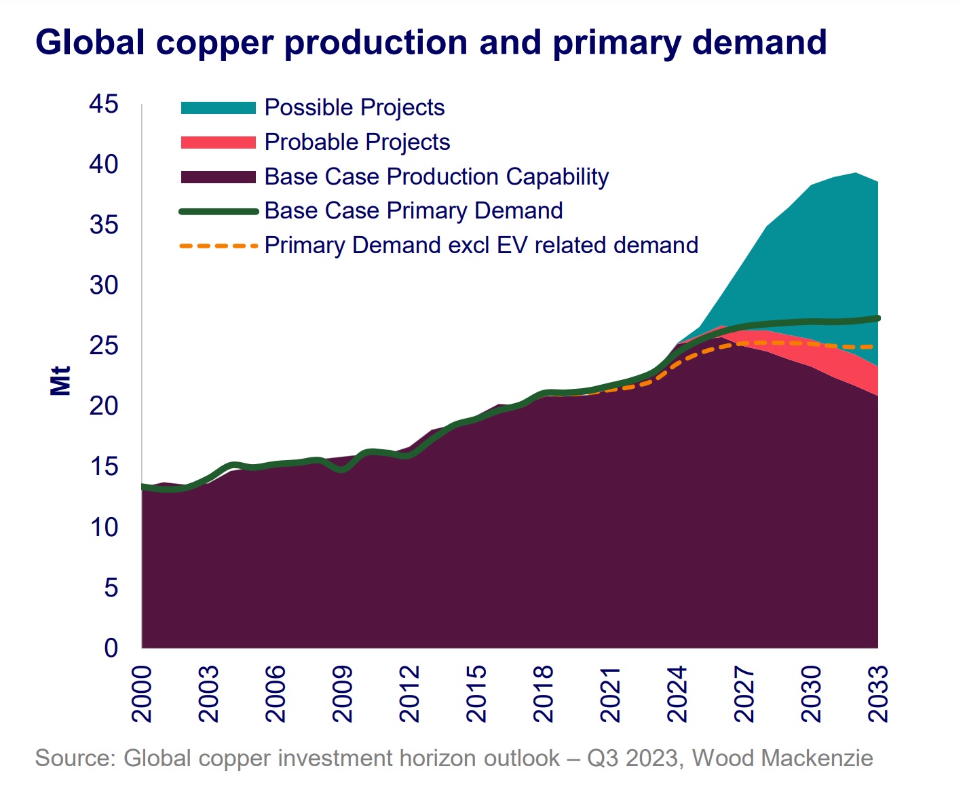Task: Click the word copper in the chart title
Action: point(219,42)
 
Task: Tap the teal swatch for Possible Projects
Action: point(218,108)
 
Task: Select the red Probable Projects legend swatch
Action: point(218,143)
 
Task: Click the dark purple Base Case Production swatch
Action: point(218,177)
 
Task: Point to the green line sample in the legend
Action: point(218,212)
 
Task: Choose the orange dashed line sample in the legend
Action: point(218,246)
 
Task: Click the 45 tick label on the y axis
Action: point(103,105)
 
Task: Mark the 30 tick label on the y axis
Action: point(103,286)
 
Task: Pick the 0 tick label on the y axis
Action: point(111,647)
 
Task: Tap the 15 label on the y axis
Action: point(103,467)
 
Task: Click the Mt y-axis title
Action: point(60,381)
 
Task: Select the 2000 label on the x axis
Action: point(142,694)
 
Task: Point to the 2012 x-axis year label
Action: point(410,694)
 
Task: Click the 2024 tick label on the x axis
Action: point(677,694)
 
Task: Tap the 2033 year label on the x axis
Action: point(878,694)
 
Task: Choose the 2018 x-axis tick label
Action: point(544,694)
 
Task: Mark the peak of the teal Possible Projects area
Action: point(856,174)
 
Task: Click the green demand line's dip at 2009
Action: point(342,469)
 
